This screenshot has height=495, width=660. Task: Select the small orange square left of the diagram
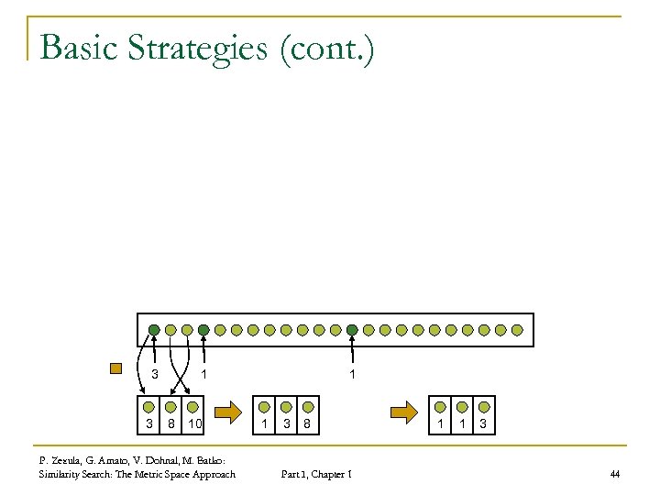pyautogui.click(x=115, y=370)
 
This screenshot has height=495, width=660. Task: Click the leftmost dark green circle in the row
pyautogui.click(x=155, y=329)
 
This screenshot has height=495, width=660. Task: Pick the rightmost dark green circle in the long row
pyautogui.click(x=353, y=329)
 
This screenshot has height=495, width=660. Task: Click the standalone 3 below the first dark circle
pyautogui.click(x=155, y=374)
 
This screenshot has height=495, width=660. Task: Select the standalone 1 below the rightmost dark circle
pyautogui.click(x=353, y=374)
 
